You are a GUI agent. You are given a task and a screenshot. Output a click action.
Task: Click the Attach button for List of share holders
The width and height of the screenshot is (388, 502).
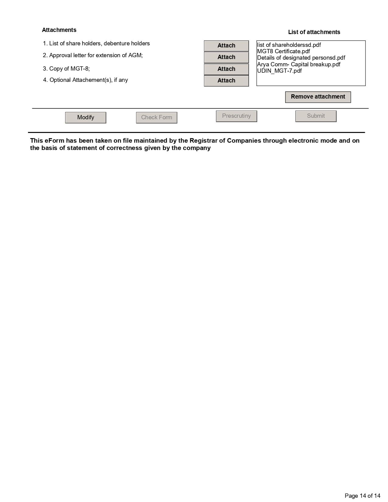(x=226, y=46)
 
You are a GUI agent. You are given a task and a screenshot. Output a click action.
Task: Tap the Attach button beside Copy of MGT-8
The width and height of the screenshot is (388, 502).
(x=226, y=69)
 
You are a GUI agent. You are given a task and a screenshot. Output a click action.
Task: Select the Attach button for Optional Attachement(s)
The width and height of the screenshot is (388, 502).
(x=226, y=81)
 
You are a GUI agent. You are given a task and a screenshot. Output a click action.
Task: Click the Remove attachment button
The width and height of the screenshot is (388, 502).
(x=318, y=97)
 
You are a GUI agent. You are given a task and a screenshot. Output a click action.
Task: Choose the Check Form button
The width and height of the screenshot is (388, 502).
(x=156, y=117)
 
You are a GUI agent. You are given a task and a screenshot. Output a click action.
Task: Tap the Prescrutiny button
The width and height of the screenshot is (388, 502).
(x=236, y=116)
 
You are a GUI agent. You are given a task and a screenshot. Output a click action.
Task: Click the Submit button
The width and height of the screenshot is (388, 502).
(x=316, y=116)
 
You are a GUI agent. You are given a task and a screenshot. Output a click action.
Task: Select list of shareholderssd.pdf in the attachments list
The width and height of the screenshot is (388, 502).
(x=289, y=45)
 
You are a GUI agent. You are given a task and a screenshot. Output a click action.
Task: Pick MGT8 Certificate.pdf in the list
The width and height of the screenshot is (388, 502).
(x=284, y=51)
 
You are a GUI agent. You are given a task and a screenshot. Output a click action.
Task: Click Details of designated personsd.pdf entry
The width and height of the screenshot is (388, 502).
(x=301, y=58)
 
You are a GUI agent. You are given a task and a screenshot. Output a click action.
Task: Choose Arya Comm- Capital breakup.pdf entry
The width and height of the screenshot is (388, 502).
(x=299, y=64)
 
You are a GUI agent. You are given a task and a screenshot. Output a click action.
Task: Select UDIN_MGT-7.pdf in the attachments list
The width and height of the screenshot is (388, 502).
(x=280, y=71)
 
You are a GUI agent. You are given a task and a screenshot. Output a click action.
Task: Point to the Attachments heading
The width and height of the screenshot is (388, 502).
(x=59, y=30)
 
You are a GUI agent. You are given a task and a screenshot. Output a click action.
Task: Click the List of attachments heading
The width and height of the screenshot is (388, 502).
(x=314, y=32)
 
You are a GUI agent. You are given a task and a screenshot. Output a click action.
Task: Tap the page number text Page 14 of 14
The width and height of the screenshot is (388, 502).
(x=362, y=496)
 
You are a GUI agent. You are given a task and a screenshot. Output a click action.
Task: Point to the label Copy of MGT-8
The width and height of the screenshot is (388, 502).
(x=66, y=69)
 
